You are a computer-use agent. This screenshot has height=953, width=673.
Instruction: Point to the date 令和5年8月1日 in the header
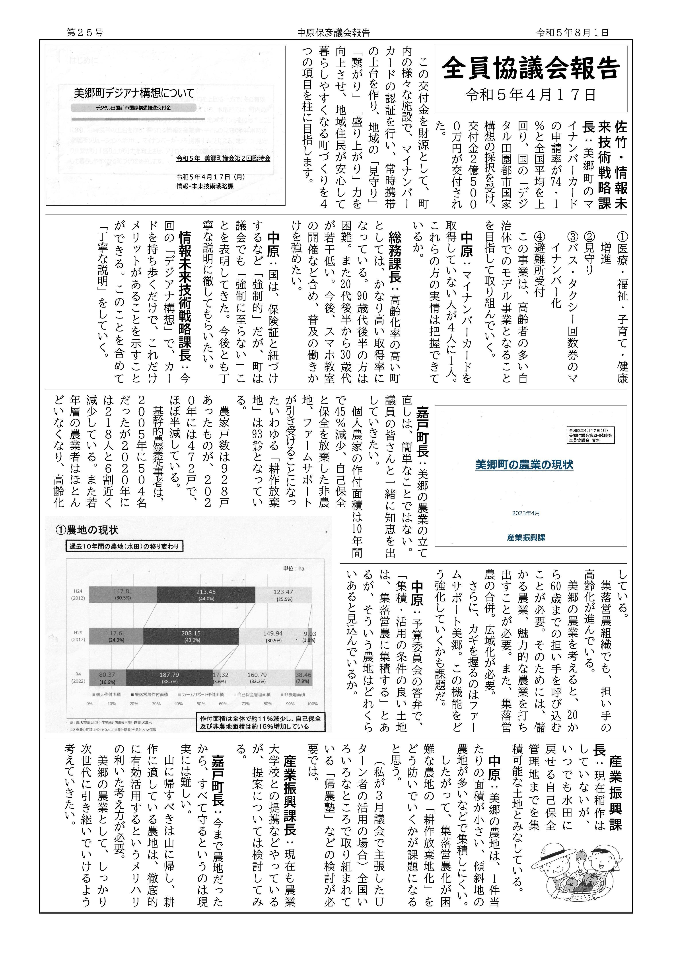573,32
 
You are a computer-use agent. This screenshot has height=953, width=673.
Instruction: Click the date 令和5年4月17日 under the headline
531,95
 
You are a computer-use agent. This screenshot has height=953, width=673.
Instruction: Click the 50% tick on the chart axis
201,703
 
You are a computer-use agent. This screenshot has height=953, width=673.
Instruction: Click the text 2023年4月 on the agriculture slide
526,513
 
